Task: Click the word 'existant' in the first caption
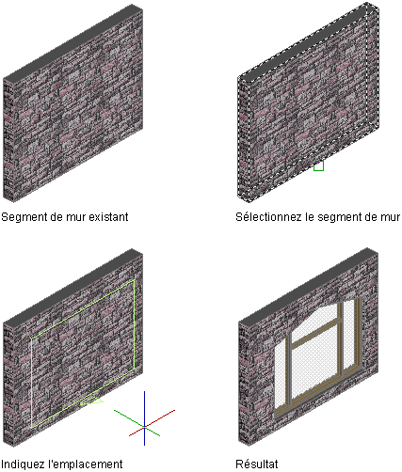coord(108,216)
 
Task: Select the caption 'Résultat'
coord(257,464)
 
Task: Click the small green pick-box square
coord(318,165)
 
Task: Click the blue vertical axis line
coord(144,418)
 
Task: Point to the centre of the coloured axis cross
coord(144,427)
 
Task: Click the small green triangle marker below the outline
coord(91,401)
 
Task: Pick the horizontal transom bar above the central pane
coord(315,332)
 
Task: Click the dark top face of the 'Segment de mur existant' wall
coord(73,41)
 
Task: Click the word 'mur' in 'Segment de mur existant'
coord(77,216)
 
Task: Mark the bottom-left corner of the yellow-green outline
coord(32,428)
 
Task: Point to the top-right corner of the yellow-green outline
coord(135,280)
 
